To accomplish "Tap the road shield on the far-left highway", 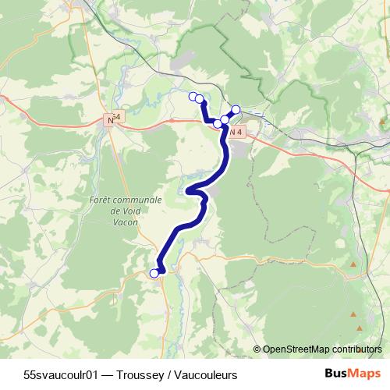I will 114,120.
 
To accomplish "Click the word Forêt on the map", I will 103,200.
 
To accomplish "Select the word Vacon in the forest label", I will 126,222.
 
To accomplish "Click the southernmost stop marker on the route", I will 154,273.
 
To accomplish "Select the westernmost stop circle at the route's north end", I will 193,96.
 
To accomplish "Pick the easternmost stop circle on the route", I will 236,109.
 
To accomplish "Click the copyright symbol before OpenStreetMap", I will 257,349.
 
